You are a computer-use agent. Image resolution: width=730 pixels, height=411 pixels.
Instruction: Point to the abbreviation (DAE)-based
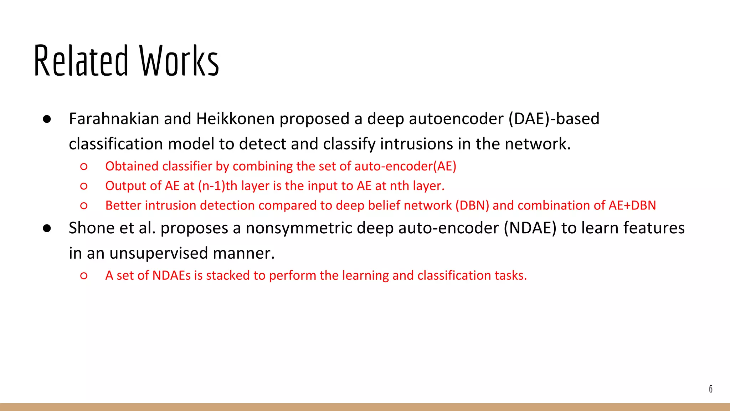pos(554,119)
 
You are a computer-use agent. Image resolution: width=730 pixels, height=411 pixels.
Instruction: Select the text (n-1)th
pos(217,186)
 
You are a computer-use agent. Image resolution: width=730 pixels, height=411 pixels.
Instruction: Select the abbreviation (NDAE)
pos(530,228)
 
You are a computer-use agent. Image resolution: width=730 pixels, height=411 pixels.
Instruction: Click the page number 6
pos(711,389)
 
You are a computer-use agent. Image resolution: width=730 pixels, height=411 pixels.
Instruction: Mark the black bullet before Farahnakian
pos(47,119)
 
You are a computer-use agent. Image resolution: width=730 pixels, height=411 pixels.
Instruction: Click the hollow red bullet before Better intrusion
pos(84,206)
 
